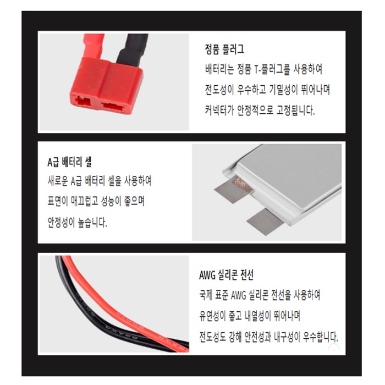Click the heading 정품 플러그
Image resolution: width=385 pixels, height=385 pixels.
224,48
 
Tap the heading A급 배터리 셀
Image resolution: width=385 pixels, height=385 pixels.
69,162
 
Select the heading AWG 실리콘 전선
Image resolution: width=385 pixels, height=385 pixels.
226,275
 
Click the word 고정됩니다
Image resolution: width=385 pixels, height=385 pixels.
296,110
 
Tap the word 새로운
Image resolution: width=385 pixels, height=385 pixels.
58,181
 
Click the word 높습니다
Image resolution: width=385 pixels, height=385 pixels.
92,222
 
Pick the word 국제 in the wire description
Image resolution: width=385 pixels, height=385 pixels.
206,295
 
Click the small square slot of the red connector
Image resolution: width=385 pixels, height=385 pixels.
83,101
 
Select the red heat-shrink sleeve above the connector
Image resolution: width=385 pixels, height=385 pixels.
94,46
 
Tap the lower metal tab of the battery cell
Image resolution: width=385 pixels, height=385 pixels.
265,222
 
